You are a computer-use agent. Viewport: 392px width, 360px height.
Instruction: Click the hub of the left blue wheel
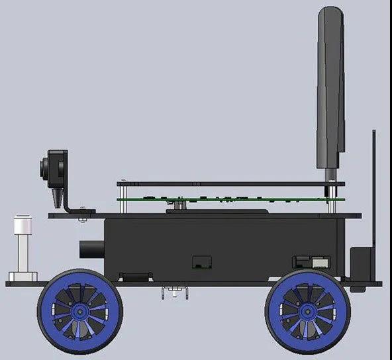(79, 310)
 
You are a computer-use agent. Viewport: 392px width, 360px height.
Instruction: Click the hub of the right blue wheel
(307, 310)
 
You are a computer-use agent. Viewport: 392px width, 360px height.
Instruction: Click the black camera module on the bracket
(56, 168)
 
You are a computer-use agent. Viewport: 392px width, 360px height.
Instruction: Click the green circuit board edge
(232, 198)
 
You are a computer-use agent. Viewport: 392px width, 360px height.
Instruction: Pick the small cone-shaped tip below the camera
(58, 198)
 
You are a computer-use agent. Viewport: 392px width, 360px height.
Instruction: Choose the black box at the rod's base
(361, 263)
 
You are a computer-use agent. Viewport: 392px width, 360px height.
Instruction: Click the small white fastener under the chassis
(174, 292)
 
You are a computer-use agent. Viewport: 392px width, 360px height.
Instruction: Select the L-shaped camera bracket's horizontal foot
(79, 211)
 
